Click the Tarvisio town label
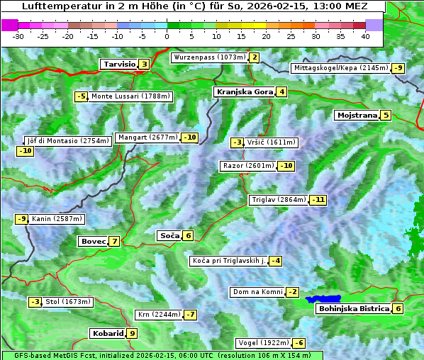click(x=119, y=64)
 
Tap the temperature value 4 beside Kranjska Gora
click(x=281, y=91)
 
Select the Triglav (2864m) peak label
click(x=279, y=200)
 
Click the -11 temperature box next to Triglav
click(x=318, y=200)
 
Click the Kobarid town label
click(x=107, y=334)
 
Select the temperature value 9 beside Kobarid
click(x=132, y=334)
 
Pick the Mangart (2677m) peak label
click(x=147, y=137)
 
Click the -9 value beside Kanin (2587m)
click(x=21, y=219)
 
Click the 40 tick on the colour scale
click(x=365, y=35)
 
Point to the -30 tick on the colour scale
click(x=18, y=35)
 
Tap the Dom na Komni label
click(x=257, y=292)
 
